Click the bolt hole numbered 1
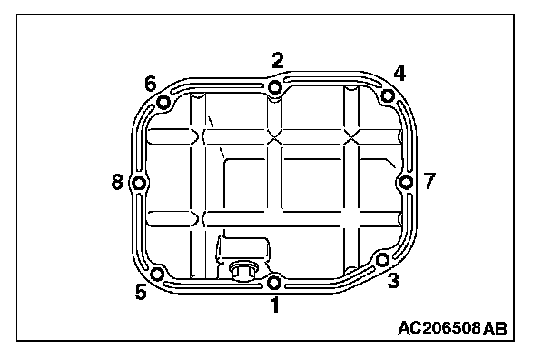coord(274,282)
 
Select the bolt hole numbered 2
coord(274,86)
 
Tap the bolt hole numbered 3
coord(382,260)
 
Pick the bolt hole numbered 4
coord(388,95)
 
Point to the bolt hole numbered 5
coord(157,274)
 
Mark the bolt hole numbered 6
coord(163,103)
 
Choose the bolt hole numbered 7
coord(406,183)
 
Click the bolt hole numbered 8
coord(139,183)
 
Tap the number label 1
coord(275,305)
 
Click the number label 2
coord(278,60)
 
